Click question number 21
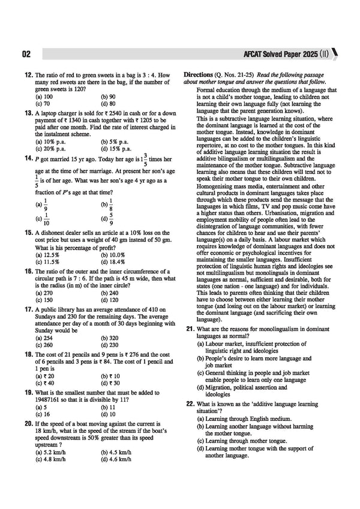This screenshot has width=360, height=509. point(190,329)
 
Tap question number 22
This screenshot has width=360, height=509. point(190,405)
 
